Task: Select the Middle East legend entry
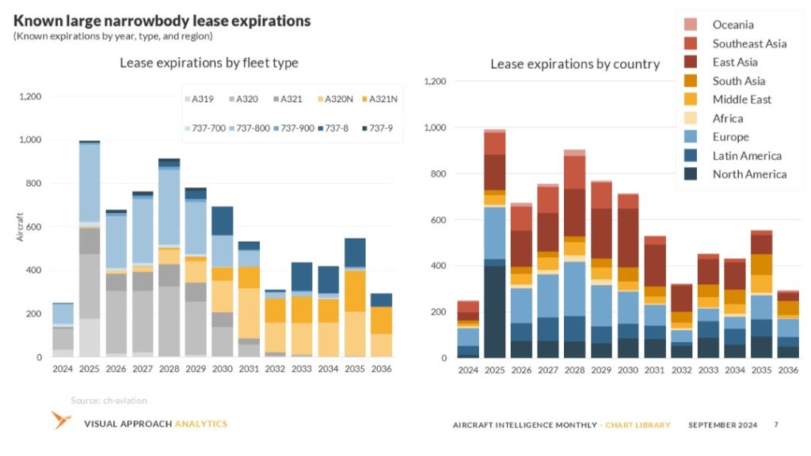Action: coord(741,99)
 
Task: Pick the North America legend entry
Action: coord(748,174)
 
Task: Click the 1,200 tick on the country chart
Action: coord(436,81)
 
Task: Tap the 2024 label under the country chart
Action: coord(467,370)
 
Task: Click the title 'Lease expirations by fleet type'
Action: coord(209,63)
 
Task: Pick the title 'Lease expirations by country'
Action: coord(574,64)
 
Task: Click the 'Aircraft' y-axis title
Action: coord(20,226)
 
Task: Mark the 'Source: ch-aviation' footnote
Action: coord(109,401)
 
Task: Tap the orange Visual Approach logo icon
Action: coord(62,420)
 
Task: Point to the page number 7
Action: coord(776,424)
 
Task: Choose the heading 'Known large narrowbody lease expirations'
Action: coord(162,20)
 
